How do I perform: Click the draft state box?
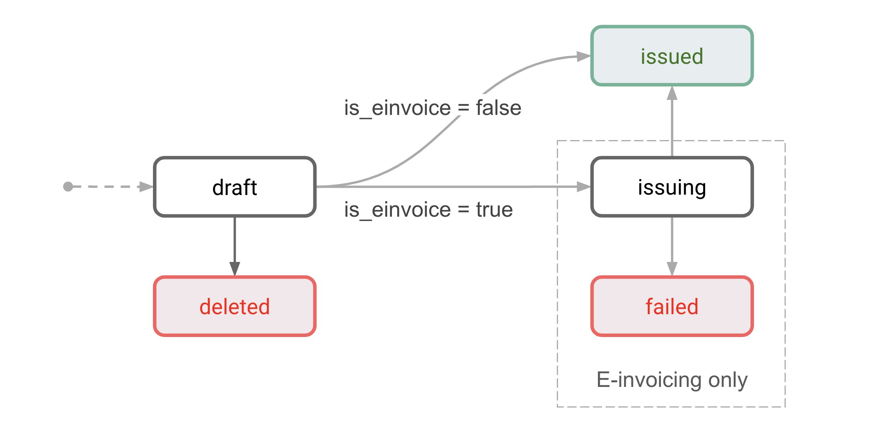[x=235, y=187]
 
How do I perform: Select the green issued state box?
[x=672, y=56]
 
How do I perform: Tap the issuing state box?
[x=672, y=187]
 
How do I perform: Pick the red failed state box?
[x=672, y=306]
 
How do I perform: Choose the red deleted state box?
[x=235, y=306]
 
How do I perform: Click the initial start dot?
[x=68, y=187]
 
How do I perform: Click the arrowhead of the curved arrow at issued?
[x=583, y=56]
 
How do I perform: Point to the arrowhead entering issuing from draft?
[x=583, y=187]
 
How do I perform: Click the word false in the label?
[x=498, y=108]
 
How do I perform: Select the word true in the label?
[x=494, y=210]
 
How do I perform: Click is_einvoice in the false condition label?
[x=397, y=108]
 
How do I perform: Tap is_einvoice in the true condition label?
[x=397, y=210]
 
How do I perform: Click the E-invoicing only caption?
[x=672, y=380]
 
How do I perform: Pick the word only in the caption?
[x=728, y=380]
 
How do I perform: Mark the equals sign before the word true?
[x=463, y=210]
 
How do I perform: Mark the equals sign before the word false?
[x=463, y=108]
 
